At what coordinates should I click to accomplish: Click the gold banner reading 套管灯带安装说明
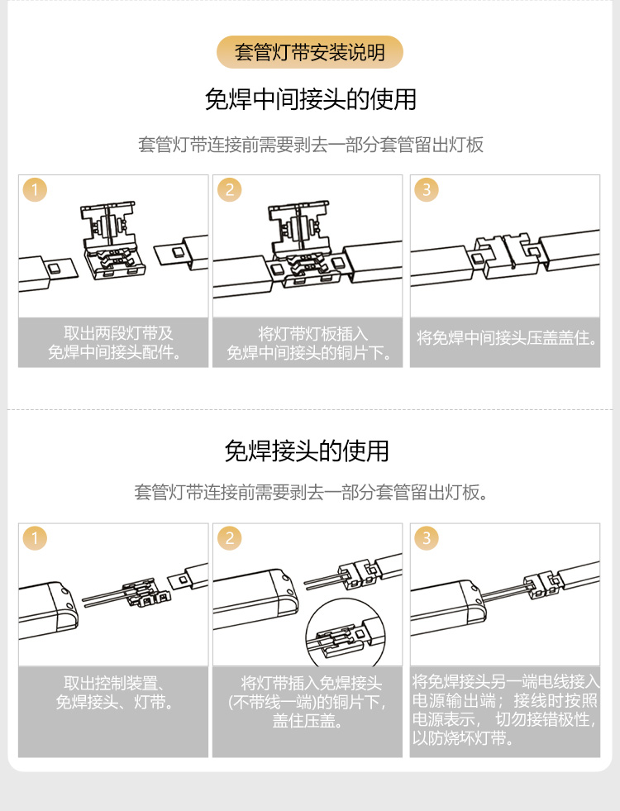click(310, 52)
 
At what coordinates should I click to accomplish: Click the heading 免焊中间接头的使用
click(310, 99)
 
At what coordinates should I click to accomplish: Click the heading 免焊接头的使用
click(307, 451)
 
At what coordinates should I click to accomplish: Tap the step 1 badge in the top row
click(36, 189)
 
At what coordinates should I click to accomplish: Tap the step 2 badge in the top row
click(230, 189)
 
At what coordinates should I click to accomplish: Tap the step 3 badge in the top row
click(427, 189)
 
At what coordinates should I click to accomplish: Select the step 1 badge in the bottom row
click(36, 538)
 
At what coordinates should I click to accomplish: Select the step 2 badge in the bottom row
click(230, 538)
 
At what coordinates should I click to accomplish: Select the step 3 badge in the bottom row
click(427, 538)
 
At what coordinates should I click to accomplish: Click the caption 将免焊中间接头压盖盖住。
click(506, 338)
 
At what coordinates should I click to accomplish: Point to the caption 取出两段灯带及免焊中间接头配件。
click(114, 342)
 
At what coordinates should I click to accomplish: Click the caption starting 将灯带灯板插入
click(308, 343)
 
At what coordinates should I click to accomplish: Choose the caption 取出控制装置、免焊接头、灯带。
click(114, 693)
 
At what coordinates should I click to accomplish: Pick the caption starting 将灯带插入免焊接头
click(308, 702)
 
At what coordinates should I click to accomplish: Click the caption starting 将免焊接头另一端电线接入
click(505, 709)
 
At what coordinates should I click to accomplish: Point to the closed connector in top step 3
click(506, 255)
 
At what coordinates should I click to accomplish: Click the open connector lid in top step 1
click(108, 224)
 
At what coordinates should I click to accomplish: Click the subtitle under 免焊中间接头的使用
click(311, 145)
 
